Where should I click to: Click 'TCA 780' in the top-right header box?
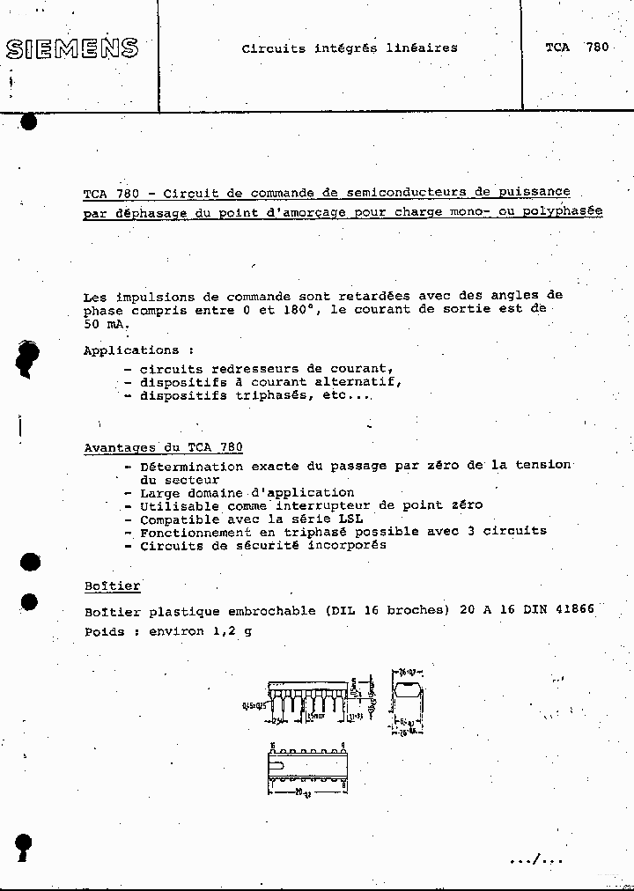576,48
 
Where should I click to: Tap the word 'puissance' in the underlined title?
534,191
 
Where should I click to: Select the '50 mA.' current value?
106,323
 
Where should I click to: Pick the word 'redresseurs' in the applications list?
241,369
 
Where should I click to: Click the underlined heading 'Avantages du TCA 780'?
163,446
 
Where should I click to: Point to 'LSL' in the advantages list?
350,519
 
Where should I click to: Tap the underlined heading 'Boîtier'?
112,585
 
